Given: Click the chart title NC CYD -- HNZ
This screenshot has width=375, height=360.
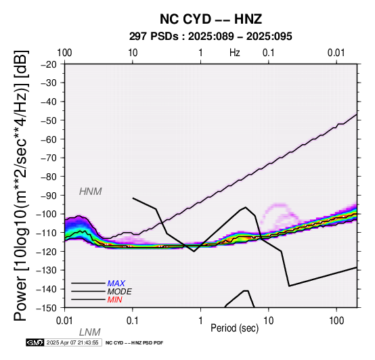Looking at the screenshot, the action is (211, 19).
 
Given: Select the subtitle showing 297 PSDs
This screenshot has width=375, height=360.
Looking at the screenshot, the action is (211, 37).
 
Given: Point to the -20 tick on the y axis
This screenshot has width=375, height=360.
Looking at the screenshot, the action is (49, 64).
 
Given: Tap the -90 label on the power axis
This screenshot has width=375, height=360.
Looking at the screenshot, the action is (49, 196).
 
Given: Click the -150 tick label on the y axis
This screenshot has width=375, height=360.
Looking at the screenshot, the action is (47, 308).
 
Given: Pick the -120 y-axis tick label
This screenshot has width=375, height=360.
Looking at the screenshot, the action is (47, 252).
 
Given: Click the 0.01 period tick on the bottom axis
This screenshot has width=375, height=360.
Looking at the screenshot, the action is (64, 321).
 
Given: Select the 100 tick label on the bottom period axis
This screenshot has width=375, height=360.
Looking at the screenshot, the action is (336, 321).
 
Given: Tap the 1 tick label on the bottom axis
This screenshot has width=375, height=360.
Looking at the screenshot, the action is (200, 321).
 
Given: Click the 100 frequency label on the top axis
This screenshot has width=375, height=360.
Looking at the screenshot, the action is (64, 53).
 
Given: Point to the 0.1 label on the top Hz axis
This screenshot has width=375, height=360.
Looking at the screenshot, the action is (268, 53).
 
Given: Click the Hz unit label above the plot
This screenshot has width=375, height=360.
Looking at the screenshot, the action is (235, 53).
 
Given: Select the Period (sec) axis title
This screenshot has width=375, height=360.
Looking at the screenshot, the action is (235, 328).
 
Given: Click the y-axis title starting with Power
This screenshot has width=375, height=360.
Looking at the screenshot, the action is (21, 185).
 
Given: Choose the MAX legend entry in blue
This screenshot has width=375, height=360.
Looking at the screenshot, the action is (116, 284).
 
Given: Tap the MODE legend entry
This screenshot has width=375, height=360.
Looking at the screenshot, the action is (120, 292).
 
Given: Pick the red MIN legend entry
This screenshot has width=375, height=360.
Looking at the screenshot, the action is (115, 300).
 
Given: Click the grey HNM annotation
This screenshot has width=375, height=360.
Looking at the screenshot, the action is (91, 192).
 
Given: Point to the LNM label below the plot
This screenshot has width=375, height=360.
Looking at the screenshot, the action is (90, 332).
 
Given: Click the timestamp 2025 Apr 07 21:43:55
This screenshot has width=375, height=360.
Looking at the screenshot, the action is (72, 342).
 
